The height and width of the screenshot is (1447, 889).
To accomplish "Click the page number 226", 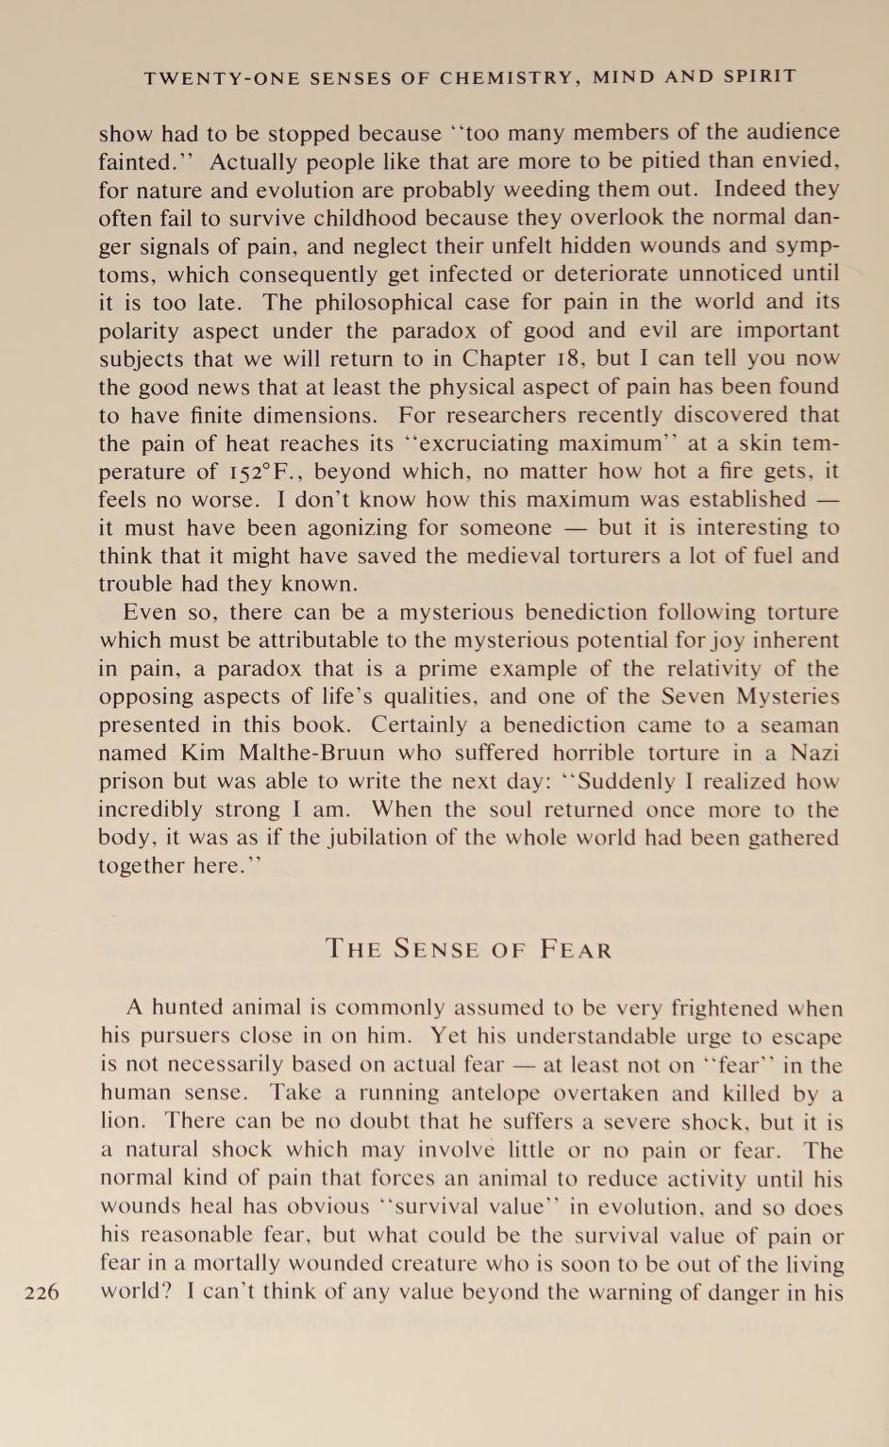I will click(42, 1292).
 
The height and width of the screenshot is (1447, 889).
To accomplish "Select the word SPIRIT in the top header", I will click(760, 76).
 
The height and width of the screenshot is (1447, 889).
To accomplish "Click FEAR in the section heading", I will click(577, 949).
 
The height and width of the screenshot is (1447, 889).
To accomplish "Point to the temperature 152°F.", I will click(257, 472).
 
